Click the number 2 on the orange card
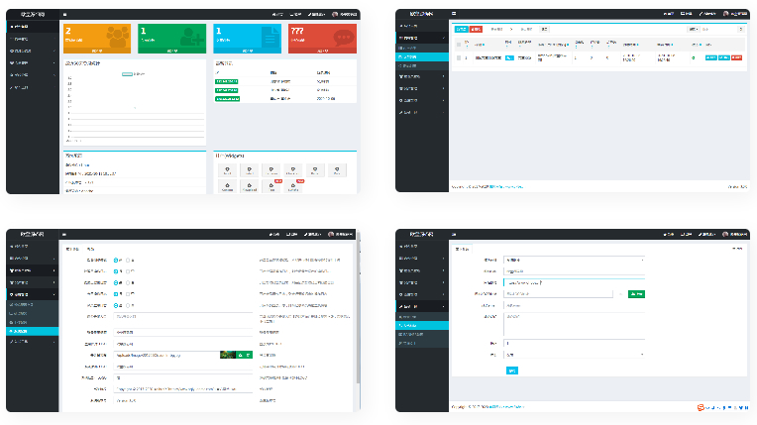pyautogui.click(x=67, y=31)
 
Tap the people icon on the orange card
pyautogui.click(x=116, y=35)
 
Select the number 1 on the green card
pyautogui.click(x=143, y=31)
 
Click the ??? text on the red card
pyautogui.click(x=296, y=31)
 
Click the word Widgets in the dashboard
pyautogui.click(x=234, y=157)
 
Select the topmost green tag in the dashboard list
pyautogui.click(x=225, y=81)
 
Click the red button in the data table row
pyautogui.click(x=737, y=57)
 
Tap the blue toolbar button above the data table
pyautogui.click(x=461, y=30)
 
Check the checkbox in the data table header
pyautogui.click(x=459, y=44)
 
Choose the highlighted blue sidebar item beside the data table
pyautogui.click(x=421, y=57)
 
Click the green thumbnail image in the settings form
pyautogui.click(x=228, y=354)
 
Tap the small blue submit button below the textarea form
pyautogui.click(x=511, y=371)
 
